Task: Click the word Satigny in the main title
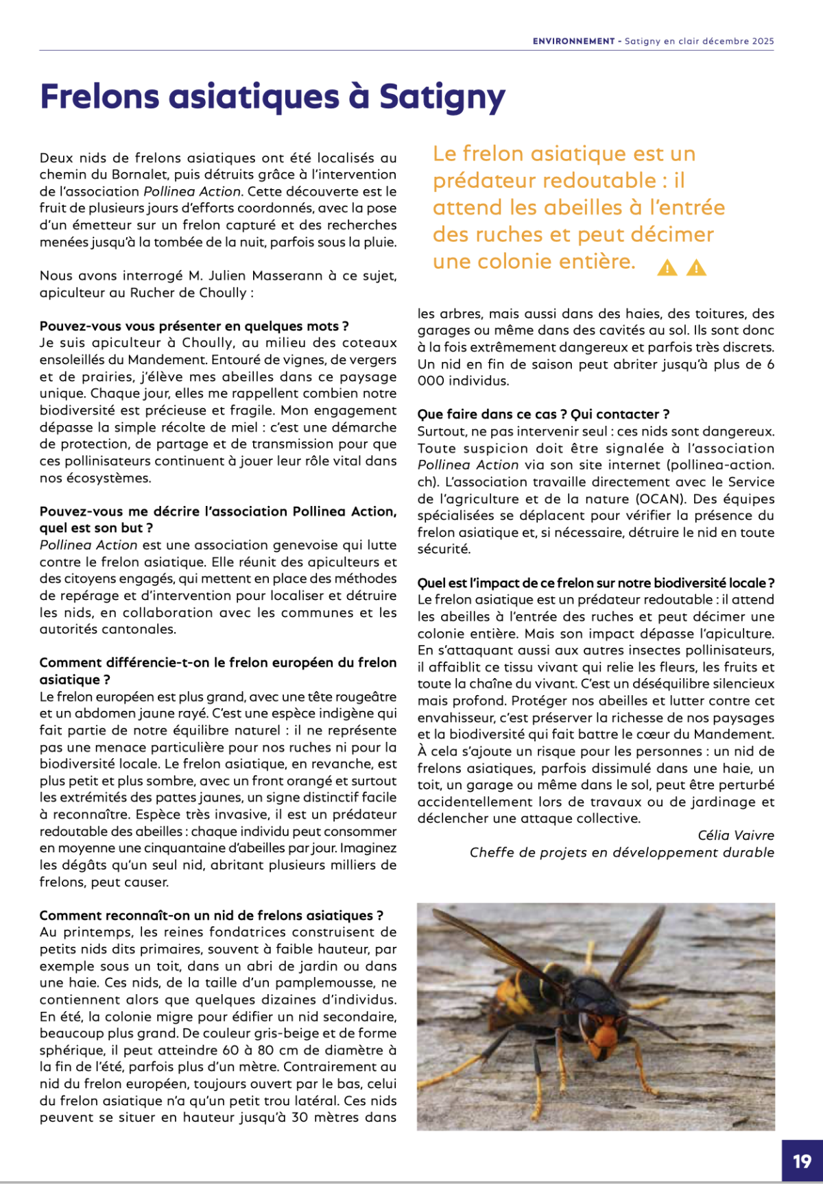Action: pos(442,97)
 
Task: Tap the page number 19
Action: pos(802,1161)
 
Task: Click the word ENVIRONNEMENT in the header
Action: pos(573,41)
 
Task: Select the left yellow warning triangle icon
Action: pos(667,268)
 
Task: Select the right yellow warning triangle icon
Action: pos(696,268)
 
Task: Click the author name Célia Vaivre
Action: pos(735,835)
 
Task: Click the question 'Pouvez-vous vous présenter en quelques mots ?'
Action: pos(194,326)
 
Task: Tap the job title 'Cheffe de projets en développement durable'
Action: pos(621,852)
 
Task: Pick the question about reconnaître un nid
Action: pos(211,915)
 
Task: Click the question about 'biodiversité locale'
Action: pos(595,583)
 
